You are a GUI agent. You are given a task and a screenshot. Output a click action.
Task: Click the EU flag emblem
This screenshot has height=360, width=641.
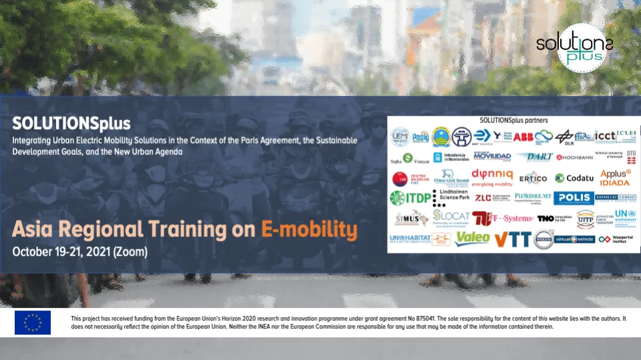click(32, 323)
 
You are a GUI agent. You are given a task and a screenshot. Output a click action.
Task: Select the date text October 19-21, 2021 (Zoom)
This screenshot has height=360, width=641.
click(80, 252)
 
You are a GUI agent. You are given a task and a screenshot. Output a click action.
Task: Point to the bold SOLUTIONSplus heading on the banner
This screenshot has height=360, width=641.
click(71, 124)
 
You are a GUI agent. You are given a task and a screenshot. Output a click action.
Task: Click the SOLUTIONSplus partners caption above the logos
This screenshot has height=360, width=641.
click(513, 120)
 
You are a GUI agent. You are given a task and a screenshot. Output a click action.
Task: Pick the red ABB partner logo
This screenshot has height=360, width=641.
click(523, 137)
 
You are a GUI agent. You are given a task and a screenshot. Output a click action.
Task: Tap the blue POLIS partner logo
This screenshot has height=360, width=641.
click(573, 198)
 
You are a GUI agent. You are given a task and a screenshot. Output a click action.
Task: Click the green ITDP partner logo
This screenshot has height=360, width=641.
click(410, 198)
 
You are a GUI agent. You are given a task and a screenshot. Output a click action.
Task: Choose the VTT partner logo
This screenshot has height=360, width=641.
click(512, 238)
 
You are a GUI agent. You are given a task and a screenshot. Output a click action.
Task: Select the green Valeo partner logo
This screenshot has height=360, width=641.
click(472, 238)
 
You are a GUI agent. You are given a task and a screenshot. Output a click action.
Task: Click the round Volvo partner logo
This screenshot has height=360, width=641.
click(543, 238)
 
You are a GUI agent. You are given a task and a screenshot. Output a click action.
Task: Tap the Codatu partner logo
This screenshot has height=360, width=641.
click(574, 178)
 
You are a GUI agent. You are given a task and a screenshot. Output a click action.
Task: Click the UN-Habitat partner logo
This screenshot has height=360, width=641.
click(408, 238)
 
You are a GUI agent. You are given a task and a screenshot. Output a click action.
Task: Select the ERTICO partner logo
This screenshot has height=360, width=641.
click(533, 178)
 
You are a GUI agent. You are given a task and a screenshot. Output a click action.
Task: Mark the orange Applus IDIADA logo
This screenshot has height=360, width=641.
click(615, 178)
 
